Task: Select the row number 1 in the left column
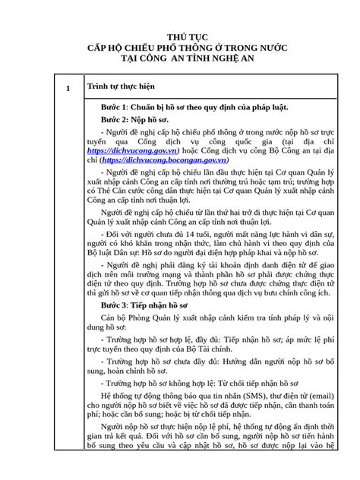[x=68, y=89]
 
